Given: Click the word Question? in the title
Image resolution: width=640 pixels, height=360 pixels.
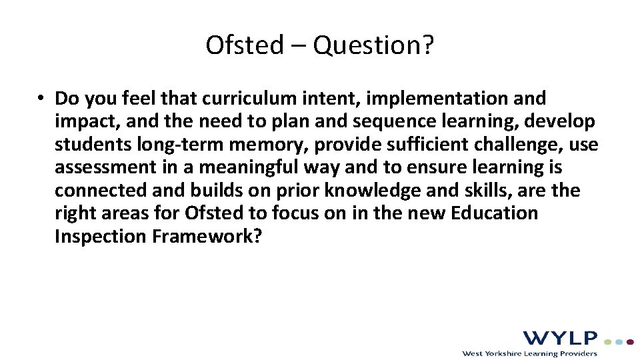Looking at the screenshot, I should point(373,45).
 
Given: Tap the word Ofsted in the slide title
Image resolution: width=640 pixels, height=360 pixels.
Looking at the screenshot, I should point(245,45).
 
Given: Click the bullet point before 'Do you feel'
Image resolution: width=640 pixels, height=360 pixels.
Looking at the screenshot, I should point(41,99).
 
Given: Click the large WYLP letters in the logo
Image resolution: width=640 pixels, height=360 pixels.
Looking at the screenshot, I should point(560,338).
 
